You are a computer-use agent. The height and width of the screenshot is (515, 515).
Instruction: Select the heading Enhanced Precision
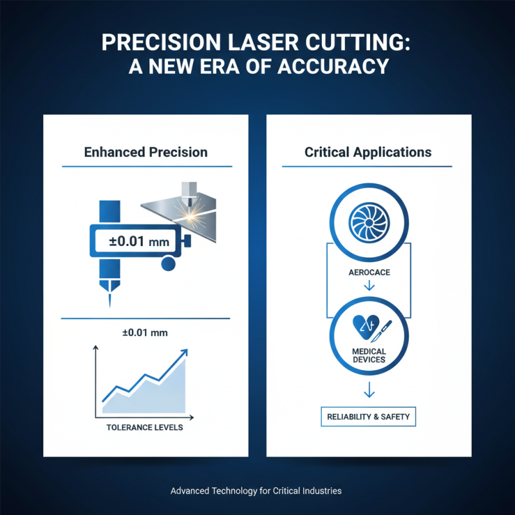(x=146, y=153)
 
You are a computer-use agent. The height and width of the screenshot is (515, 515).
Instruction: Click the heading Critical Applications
(x=368, y=153)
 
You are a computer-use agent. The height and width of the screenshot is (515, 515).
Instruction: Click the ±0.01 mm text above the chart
(x=145, y=333)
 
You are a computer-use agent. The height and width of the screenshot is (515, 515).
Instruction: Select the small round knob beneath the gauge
(x=169, y=264)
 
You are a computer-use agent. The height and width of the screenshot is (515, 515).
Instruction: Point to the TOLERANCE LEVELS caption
(x=145, y=427)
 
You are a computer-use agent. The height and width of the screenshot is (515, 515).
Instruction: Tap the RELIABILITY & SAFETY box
(x=368, y=417)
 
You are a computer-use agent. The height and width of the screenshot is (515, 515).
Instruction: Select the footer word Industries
(x=319, y=491)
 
